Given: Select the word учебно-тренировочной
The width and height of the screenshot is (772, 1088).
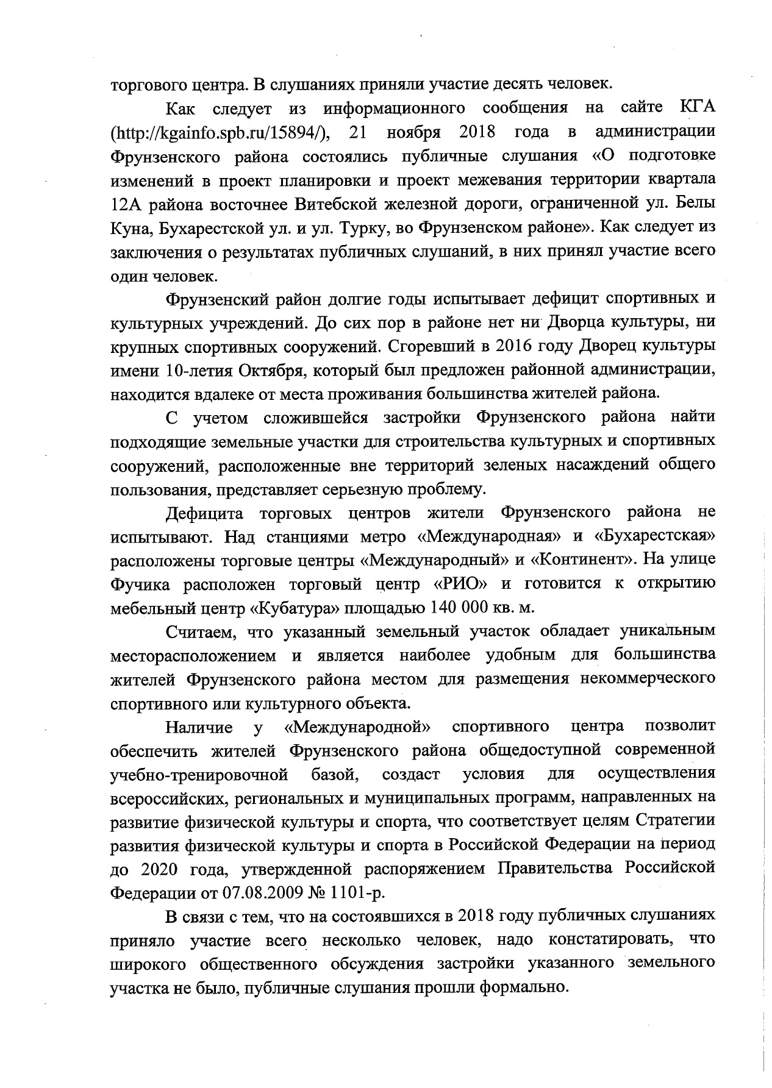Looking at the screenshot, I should pyautogui.click(x=199, y=774).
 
